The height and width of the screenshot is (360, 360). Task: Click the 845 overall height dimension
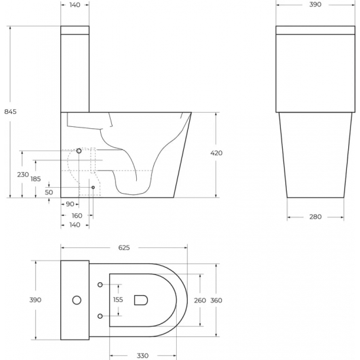coord(10,112)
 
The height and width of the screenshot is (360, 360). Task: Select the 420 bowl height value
coord(217,153)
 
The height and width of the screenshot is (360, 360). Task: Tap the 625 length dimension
coord(124,247)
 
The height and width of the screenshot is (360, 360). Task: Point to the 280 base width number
coord(315,217)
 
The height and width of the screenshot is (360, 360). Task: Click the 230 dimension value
coord(22,174)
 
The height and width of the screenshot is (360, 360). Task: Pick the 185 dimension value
coord(35,179)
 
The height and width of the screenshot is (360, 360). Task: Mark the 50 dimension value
coord(49,192)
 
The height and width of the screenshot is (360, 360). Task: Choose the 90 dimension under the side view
coord(69,205)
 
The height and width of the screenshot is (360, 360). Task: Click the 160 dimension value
coord(77,215)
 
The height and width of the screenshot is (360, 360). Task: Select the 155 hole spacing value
coord(118,300)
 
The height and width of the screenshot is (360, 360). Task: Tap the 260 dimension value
coord(200,300)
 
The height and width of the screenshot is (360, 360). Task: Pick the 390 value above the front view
coord(315,5)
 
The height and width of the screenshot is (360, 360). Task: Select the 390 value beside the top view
coord(36,300)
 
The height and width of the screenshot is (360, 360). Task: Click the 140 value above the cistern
coord(75,5)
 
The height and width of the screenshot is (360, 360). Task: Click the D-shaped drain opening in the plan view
coord(140,300)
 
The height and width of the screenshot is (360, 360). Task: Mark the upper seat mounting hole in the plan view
coord(99,284)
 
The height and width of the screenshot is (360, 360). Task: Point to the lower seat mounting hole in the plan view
coord(99,317)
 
